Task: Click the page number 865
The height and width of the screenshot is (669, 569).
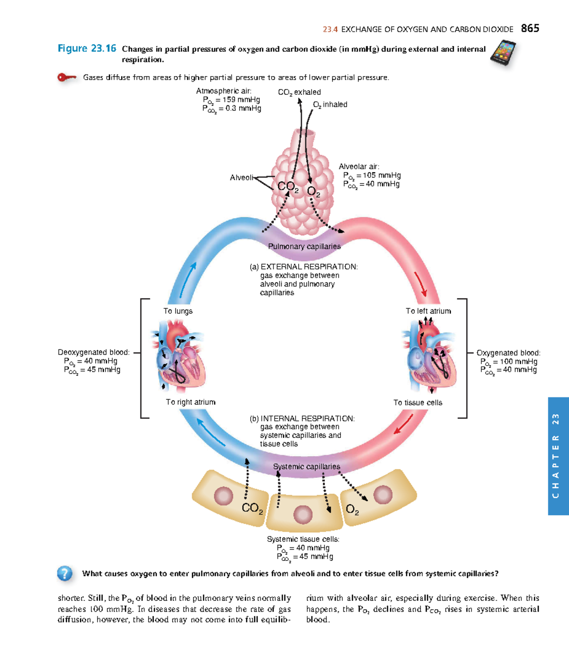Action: (x=530, y=28)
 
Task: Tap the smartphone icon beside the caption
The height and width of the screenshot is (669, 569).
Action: (x=503, y=54)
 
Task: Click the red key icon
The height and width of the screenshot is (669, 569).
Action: (x=66, y=77)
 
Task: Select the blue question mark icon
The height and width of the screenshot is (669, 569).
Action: (x=64, y=573)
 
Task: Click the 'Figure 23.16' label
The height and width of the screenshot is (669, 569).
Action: (x=87, y=48)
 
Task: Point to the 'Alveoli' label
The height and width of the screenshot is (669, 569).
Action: (x=241, y=178)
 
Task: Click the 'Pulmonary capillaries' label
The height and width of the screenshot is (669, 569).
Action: (x=304, y=247)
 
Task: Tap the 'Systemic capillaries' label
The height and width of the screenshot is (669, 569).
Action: (x=306, y=467)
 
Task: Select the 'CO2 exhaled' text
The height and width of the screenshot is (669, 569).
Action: (x=299, y=92)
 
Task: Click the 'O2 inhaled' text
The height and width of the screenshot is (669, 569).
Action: (x=330, y=104)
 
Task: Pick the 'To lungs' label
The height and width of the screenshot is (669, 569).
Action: (x=178, y=311)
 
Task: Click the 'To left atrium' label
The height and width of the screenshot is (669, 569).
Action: (x=428, y=311)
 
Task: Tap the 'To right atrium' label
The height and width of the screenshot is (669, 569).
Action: (x=191, y=402)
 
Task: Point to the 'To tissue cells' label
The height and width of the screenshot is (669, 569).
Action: (x=418, y=403)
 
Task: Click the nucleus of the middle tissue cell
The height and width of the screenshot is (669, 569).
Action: (x=303, y=514)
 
